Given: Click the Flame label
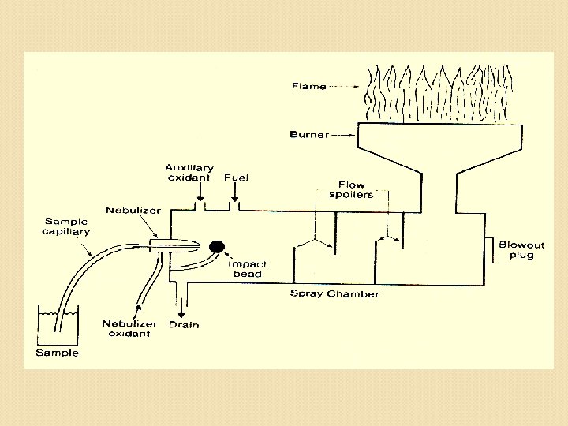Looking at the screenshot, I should (x=308, y=86).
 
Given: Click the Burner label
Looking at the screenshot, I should (x=308, y=135).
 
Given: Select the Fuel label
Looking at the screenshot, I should (x=236, y=177).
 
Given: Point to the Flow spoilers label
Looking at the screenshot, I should (x=351, y=189).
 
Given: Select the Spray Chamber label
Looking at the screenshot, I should (x=334, y=294).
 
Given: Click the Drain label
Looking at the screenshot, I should (x=183, y=324).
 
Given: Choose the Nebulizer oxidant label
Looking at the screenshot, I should (x=129, y=328).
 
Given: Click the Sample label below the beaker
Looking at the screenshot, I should (x=57, y=353).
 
